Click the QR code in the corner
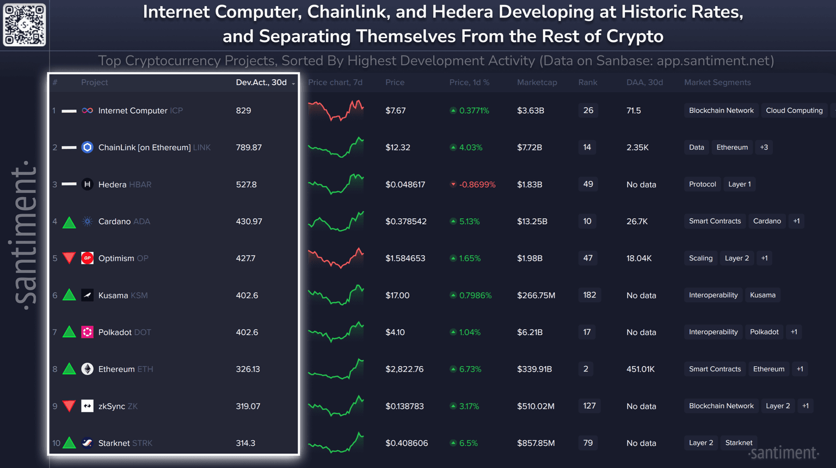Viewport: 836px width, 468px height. click(24, 24)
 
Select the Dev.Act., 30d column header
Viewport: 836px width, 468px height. click(261, 82)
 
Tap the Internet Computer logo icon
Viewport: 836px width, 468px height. click(87, 110)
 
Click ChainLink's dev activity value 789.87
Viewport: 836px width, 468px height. click(249, 147)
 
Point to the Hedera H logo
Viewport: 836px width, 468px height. click(87, 184)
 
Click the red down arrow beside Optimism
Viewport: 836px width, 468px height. click(69, 258)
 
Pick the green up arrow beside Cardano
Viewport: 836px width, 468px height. click(69, 222)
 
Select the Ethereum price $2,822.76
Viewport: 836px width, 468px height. click(404, 369)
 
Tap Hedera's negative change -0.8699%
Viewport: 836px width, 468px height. click(477, 184)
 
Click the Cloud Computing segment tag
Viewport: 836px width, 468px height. click(794, 110)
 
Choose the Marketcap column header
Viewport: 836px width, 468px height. click(537, 82)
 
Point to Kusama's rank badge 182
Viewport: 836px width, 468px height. click(589, 295)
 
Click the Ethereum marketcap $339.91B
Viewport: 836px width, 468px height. click(534, 369)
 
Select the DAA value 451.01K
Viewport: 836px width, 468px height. click(640, 369)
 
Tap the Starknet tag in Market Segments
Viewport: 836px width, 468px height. click(739, 443)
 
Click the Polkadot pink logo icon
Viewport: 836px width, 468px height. click(87, 332)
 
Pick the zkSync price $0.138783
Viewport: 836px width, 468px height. click(404, 406)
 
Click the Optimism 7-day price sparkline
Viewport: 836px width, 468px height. click(336, 258)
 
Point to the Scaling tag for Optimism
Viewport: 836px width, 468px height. click(700, 258)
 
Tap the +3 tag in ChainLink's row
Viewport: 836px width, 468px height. click(764, 147)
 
